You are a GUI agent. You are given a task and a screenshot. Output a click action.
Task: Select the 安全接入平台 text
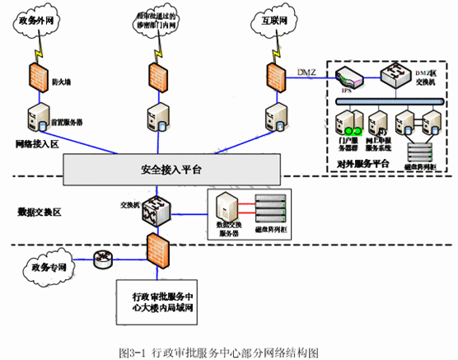166,169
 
